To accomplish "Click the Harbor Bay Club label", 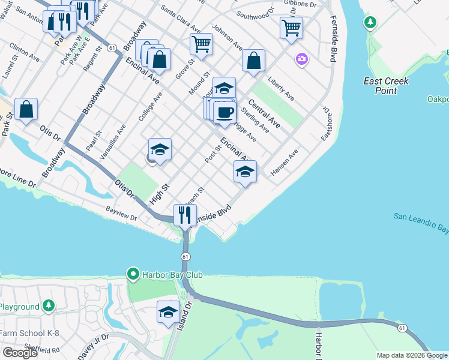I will tap(173, 275).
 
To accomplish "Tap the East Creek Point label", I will tap(387, 86).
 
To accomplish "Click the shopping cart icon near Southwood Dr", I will tap(291, 27).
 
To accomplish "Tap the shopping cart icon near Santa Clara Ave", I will tap(201, 43).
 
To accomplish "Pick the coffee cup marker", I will tap(224, 112).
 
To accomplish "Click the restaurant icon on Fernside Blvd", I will tap(185, 215).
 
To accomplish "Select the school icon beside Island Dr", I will tap(169, 312).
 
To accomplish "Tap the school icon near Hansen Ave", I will tap(245, 172).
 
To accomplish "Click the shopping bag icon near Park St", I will tap(26, 109).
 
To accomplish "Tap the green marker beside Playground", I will tap(49, 307).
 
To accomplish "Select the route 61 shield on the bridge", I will tap(185, 257).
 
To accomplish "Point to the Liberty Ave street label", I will tap(281, 88).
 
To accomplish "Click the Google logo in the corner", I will tap(20, 353).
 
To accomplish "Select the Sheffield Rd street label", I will tap(42, 349).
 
